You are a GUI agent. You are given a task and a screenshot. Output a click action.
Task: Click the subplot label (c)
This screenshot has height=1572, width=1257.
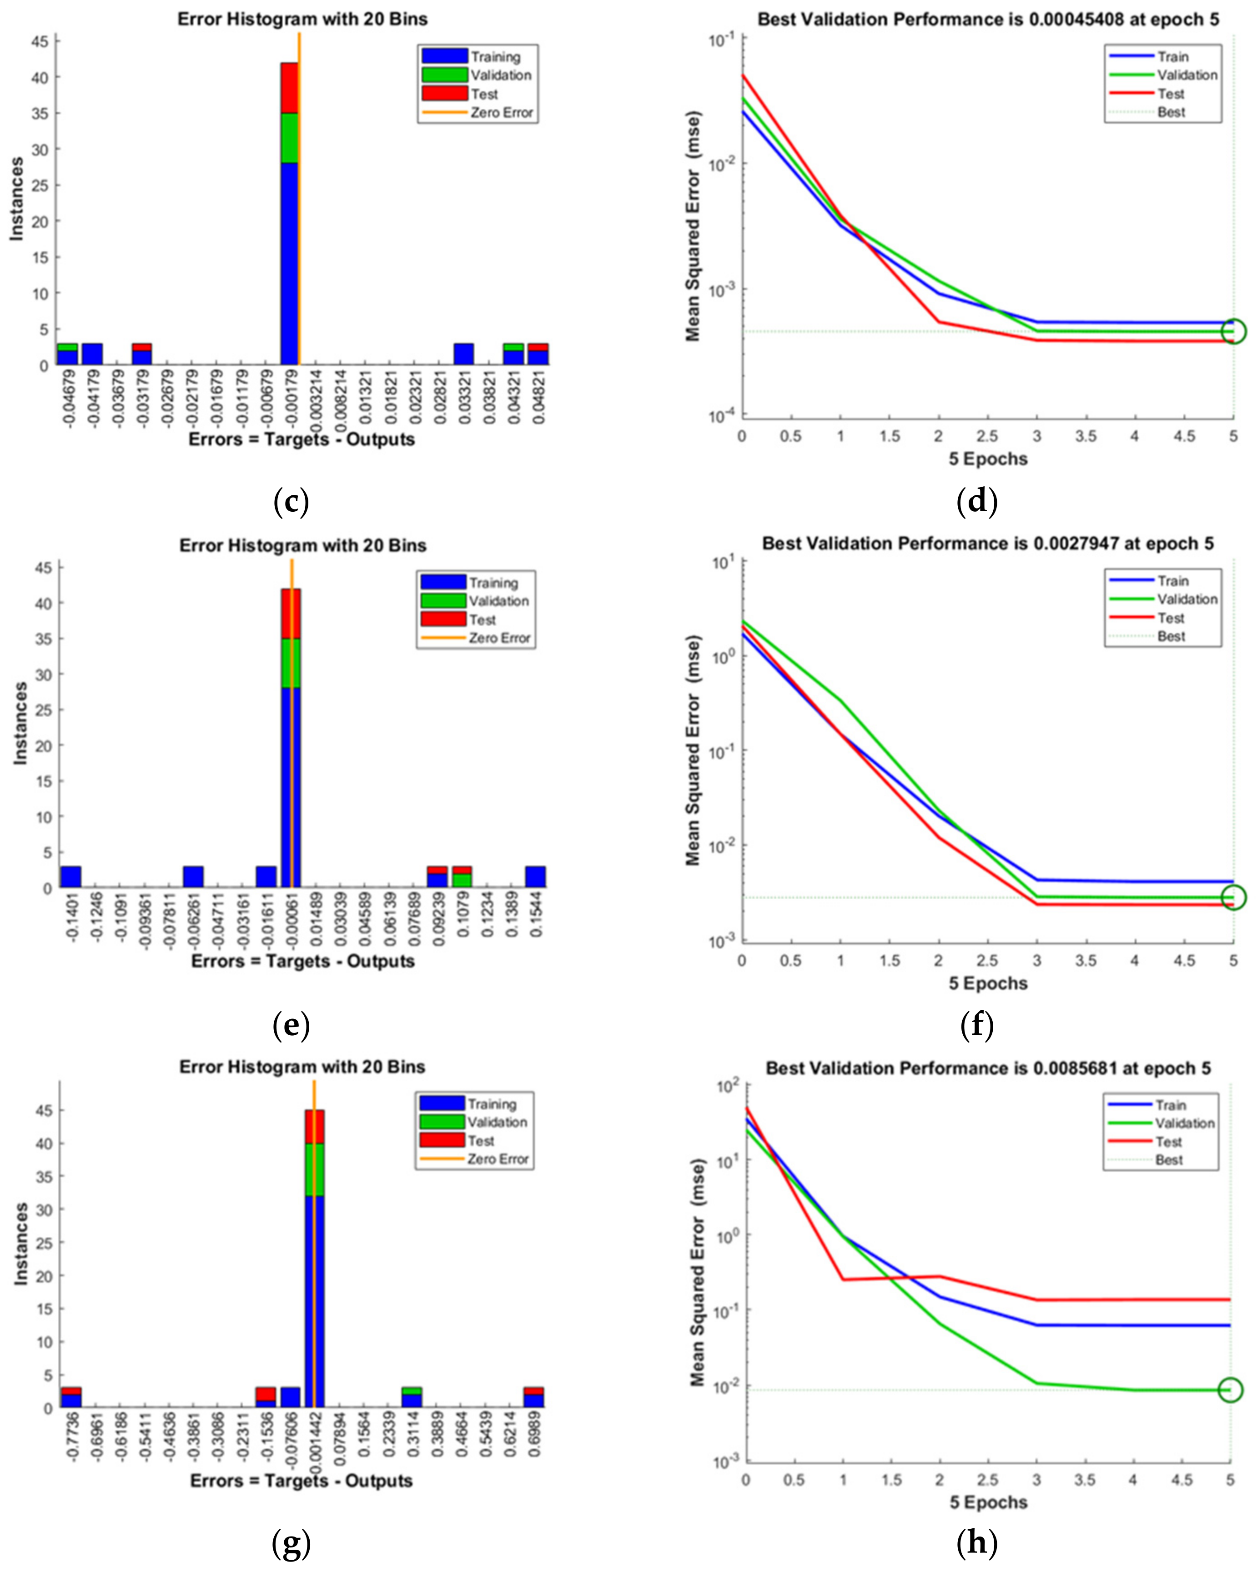point(291,502)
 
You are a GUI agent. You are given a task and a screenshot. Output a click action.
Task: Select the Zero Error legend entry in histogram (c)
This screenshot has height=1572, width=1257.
point(478,112)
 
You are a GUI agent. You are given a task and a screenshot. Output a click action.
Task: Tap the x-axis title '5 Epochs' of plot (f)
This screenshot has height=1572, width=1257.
point(988,983)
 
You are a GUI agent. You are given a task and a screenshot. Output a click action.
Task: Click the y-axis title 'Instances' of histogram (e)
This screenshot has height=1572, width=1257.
point(20,723)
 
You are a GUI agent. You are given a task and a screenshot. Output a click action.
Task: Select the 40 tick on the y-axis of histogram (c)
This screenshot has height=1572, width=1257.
point(41,77)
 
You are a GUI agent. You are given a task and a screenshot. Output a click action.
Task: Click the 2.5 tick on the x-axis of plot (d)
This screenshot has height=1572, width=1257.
point(987,436)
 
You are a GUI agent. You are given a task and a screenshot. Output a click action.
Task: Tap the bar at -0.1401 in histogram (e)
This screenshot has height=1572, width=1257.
point(71,877)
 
